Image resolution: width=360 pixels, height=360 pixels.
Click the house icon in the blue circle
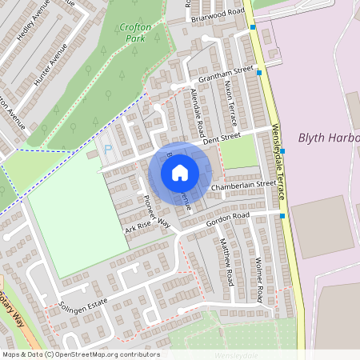[180, 172]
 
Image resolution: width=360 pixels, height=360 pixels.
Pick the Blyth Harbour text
[328, 138]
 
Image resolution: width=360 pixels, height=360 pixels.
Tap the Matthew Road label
[226, 263]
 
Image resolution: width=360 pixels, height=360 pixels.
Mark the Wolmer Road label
[258, 280]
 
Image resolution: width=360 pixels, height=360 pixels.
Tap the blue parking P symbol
[108, 149]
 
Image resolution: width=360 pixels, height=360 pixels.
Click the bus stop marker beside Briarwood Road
[253, 28]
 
